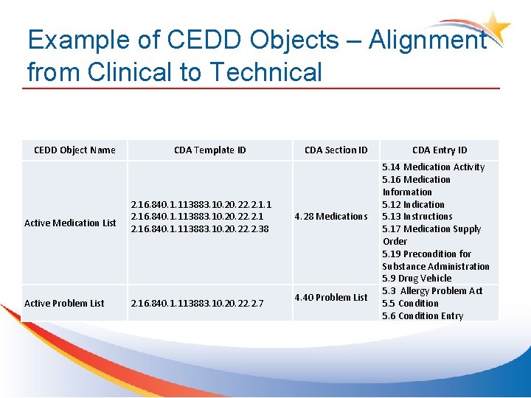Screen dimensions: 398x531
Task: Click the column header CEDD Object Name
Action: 74,150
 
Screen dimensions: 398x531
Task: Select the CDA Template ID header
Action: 210,150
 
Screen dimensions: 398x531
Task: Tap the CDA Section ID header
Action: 336,150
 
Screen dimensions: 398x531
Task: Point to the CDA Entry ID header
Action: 440,150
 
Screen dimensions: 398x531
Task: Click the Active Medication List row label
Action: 70,223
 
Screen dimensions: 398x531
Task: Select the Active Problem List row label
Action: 64,304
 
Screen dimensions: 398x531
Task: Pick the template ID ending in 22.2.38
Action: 200,229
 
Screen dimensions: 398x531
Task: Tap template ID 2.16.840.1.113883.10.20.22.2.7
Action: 197,304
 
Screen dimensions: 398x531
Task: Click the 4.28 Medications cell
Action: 331,217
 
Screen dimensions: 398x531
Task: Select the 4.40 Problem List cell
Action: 331,298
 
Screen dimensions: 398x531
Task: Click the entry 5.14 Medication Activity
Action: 433,167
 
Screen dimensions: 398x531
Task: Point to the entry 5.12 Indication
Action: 413,205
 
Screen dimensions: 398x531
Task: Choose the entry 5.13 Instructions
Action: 417,217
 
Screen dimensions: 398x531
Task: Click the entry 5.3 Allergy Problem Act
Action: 431,291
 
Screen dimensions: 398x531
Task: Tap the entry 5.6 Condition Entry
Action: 423,316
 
